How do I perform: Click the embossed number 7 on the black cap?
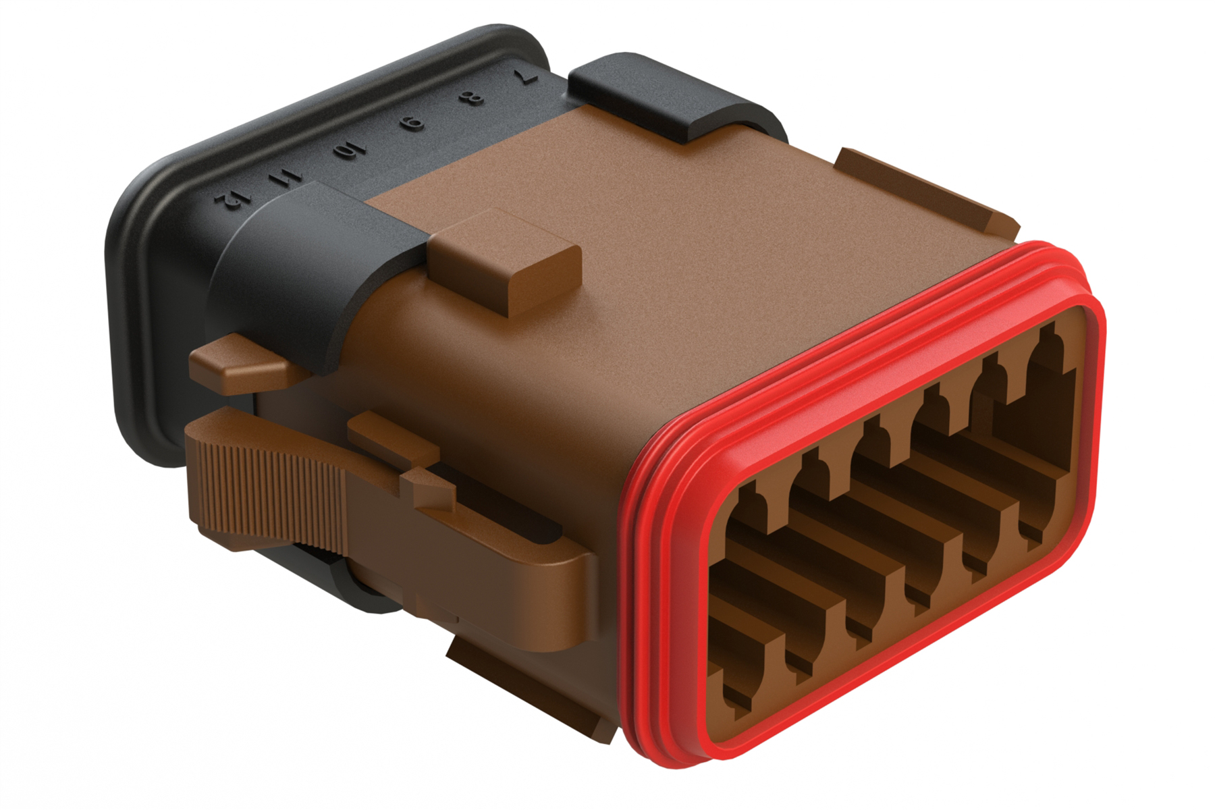525,76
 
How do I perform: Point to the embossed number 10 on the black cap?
349,148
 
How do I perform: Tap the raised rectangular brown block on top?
506,260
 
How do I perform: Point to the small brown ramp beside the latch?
391,432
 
